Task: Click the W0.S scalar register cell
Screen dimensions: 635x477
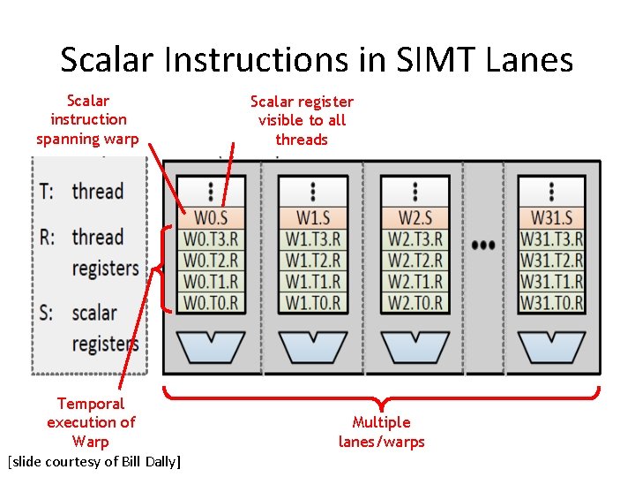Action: [211, 217]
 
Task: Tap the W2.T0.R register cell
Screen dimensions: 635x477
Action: [415, 302]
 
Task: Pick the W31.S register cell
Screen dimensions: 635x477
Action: [551, 217]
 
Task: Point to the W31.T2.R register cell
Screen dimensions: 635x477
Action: [551, 261]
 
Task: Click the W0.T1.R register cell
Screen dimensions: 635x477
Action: [211, 282]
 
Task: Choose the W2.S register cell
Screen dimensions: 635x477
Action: [415, 217]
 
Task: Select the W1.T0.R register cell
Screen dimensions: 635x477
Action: [313, 302]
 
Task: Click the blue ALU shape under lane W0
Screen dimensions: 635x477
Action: [211, 345]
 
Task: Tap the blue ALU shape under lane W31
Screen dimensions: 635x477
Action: [551, 345]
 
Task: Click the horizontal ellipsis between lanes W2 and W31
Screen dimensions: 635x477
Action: [483, 245]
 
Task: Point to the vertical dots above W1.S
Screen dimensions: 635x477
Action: [313, 191]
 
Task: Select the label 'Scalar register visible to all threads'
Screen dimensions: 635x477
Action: [302, 120]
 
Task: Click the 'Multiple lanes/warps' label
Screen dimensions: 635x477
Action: [381, 432]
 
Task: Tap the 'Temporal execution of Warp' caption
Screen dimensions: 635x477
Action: [91, 422]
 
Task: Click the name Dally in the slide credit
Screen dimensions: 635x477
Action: [160, 462]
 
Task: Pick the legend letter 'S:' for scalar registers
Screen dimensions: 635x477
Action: [49, 313]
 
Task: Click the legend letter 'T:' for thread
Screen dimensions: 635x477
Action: [49, 191]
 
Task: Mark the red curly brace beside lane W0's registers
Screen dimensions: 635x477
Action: [161, 268]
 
